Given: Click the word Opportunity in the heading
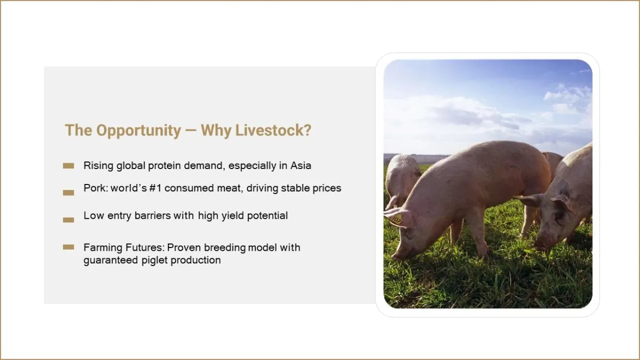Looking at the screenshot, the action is pos(139,131).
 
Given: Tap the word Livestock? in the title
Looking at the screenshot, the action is pos(274,130).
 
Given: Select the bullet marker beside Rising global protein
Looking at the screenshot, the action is pos(69,166).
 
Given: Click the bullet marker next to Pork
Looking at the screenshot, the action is pos(69,193).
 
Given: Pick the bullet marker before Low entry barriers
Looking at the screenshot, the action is pos(69,220).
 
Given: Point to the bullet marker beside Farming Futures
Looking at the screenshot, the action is pos(69,247).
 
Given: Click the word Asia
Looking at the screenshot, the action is pos(301,165).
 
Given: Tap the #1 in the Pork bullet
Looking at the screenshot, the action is pos(155,188).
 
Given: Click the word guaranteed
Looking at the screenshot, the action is pos(110,260).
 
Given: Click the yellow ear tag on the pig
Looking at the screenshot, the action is pos(396,219).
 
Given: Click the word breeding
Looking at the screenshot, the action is pos(225,247).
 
